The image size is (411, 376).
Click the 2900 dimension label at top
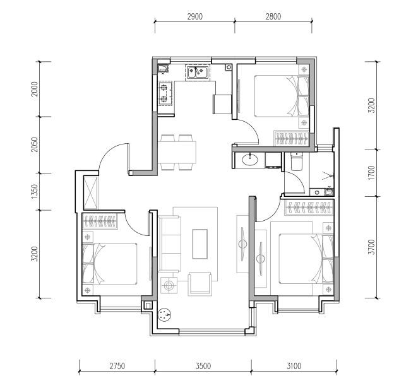pos(195,16)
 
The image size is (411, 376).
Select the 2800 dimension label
pos(273,16)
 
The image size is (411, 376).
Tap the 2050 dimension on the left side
pos(35,144)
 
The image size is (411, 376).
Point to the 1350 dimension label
pos(35,191)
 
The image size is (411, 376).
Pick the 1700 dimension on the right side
pos(371,173)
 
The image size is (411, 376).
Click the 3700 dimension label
pos(371,247)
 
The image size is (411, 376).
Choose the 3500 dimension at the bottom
pos(203,366)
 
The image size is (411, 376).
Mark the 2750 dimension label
pos(117,366)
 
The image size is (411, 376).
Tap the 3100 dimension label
pos(294,366)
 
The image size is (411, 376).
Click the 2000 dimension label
pos(35,89)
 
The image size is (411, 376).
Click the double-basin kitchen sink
pos(197,73)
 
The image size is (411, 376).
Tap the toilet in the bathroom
pos(297,162)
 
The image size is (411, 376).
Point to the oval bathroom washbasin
pos(250,160)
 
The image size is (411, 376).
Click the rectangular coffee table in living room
pos(200,244)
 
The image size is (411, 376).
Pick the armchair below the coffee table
pos(200,284)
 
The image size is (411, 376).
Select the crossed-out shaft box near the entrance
pos(91,193)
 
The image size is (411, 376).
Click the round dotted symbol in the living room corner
pos(165,314)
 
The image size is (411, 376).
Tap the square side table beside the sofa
pos(169,285)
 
